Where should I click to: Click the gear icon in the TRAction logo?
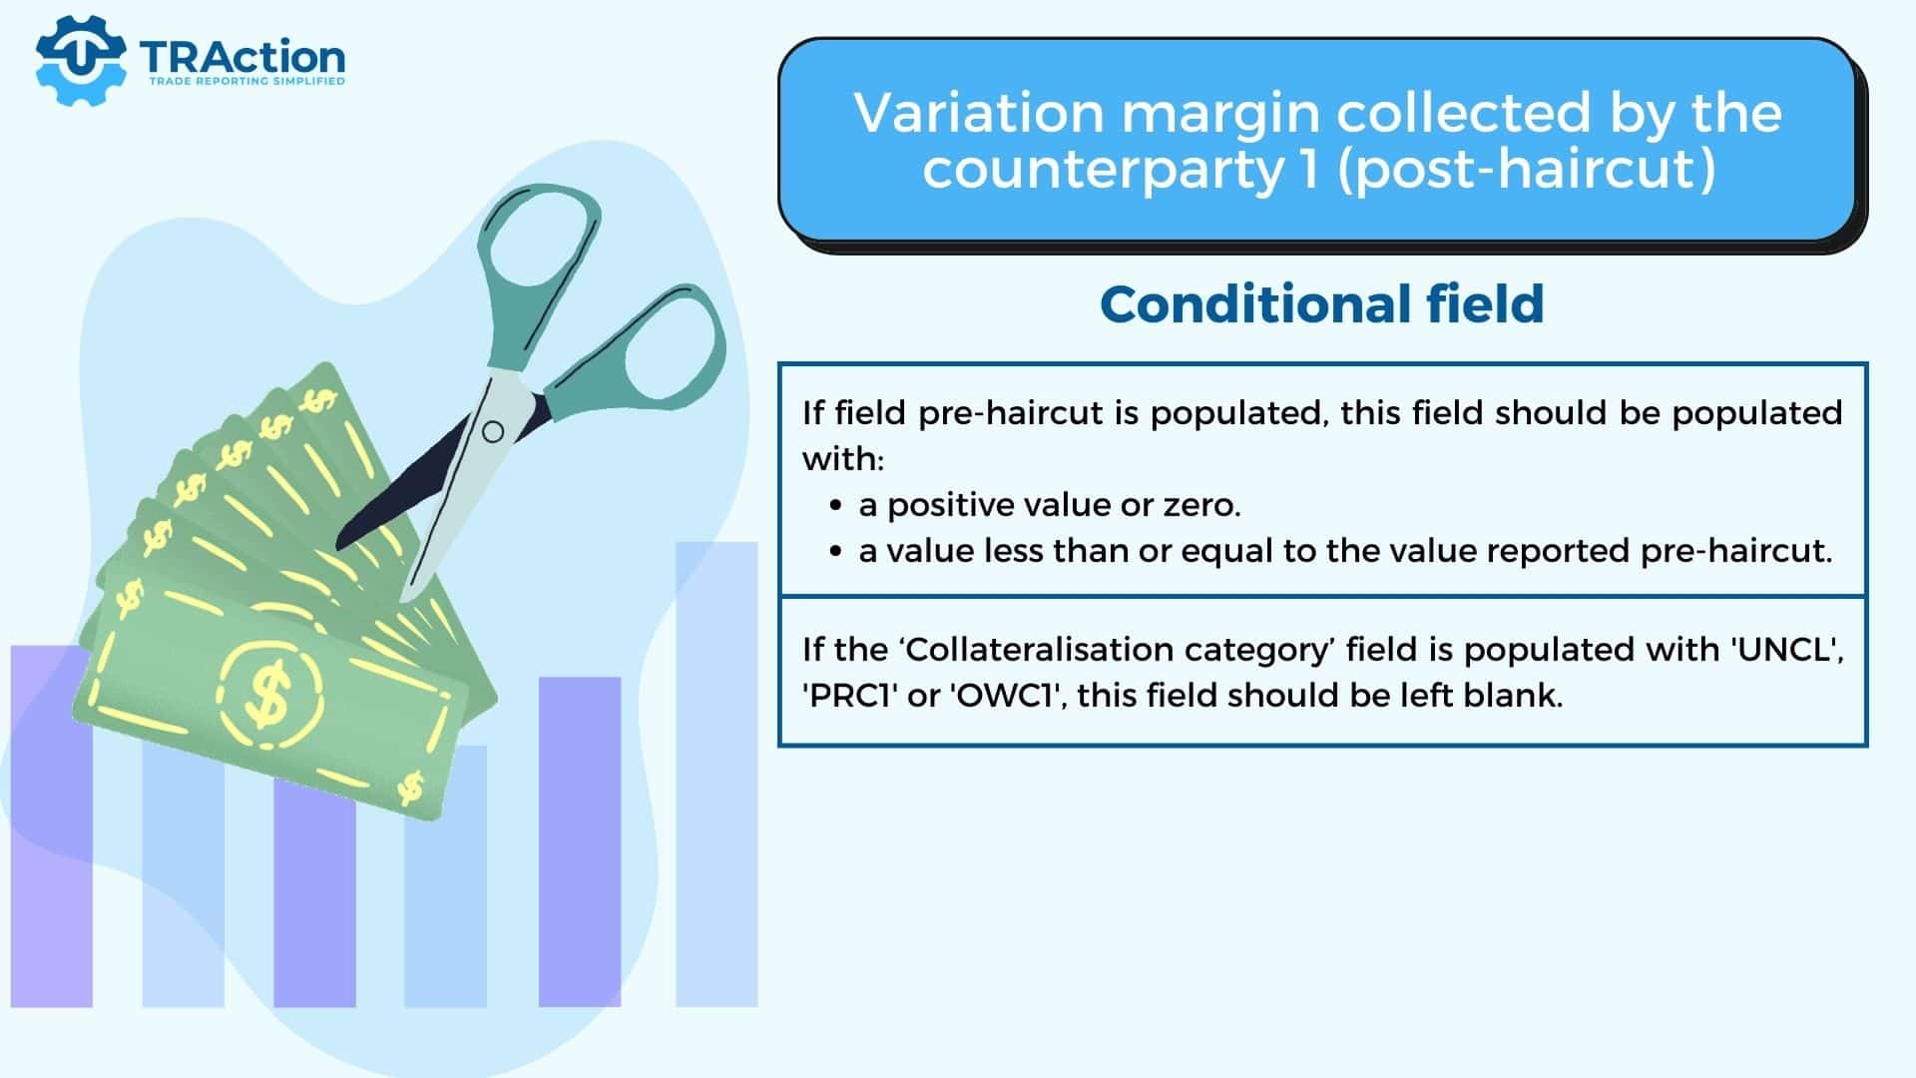pos(80,60)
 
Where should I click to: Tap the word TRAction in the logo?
pos(242,57)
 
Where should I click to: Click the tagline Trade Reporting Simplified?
pos(246,82)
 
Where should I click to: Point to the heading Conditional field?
pos(1322,304)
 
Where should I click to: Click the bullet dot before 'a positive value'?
pos(836,506)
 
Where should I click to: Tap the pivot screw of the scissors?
pos(493,432)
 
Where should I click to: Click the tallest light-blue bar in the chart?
pos(717,774)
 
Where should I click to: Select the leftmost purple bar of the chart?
pos(52,826)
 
